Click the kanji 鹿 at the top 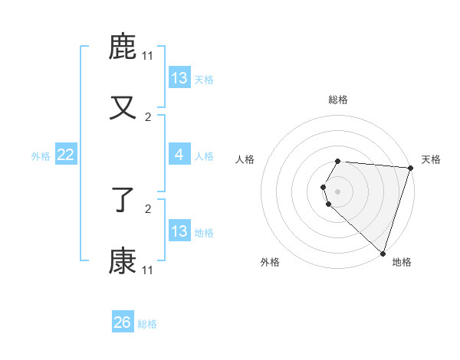pyautogui.click(x=123, y=47)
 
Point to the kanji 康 pyautogui.click(x=123, y=261)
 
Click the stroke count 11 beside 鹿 pyautogui.click(x=147, y=56)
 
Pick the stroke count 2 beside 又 pyautogui.click(x=147, y=116)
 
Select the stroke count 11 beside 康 pyautogui.click(x=147, y=270)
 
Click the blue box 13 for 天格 pyautogui.click(x=179, y=78)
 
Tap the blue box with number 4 pyautogui.click(x=179, y=155)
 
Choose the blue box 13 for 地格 pyautogui.click(x=179, y=231)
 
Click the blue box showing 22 pyautogui.click(x=66, y=155)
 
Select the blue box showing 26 pyautogui.click(x=123, y=322)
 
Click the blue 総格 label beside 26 pyautogui.click(x=147, y=324)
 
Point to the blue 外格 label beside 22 pyautogui.click(x=41, y=156)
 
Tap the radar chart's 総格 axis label pyautogui.click(x=338, y=100)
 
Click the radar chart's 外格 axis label pyautogui.click(x=270, y=262)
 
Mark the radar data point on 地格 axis pyautogui.click(x=383, y=253)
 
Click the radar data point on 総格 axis pyautogui.click(x=338, y=162)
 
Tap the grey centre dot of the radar pyautogui.click(x=338, y=191)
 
